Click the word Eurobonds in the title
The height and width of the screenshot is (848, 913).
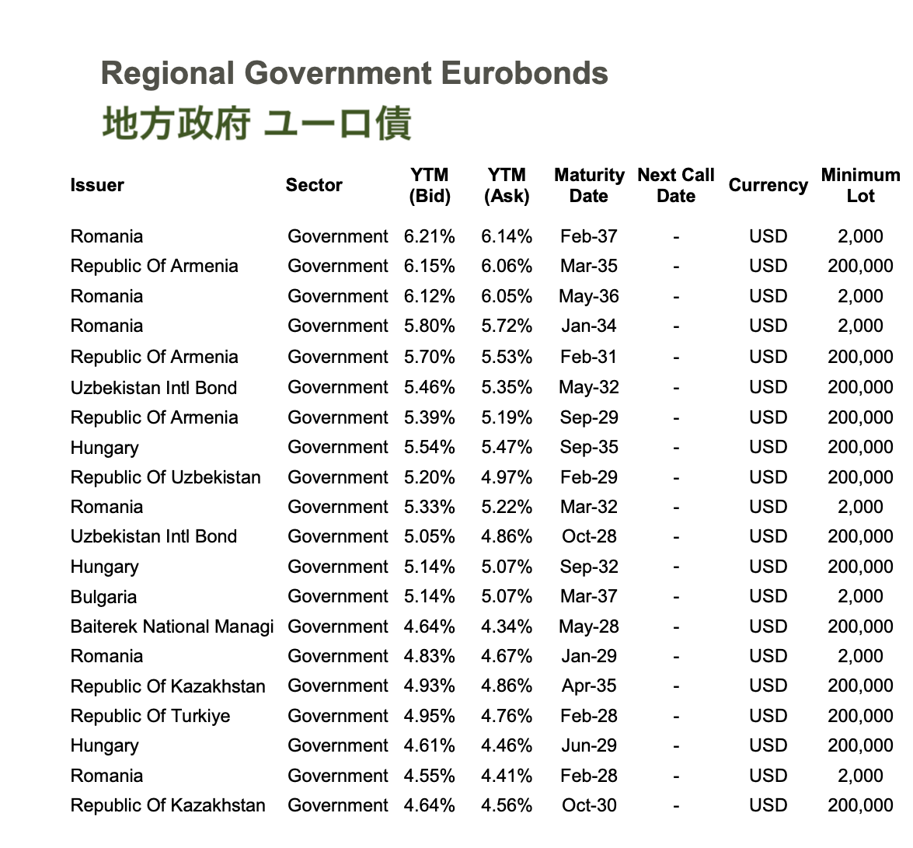pos(524,74)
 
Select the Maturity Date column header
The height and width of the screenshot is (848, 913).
pos(589,186)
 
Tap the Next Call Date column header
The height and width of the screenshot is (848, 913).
pos(675,186)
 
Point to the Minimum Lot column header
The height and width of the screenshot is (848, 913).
pos(860,186)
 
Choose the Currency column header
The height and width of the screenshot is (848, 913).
pos(768,186)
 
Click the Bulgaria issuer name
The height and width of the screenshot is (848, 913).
pos(103,597)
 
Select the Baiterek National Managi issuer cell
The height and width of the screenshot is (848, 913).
pos(172,626)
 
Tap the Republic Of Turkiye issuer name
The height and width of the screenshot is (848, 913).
pos(150,716)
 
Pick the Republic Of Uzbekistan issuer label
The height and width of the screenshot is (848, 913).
pos(166,477)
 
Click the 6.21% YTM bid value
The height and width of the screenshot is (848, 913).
pos(430,236)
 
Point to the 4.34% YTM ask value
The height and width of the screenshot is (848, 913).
pos(507,626)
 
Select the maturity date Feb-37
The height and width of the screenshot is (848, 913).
pos(589,236)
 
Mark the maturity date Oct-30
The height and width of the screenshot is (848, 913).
pos(589,805)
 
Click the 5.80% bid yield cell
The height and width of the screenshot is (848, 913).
pos(430,326)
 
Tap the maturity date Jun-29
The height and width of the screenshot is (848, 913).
pos(589,745)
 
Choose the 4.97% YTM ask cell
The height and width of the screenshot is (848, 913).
pos(507,477)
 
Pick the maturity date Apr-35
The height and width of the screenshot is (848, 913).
pos(589,686)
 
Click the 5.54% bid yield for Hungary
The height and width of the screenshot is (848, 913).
pos(430,447)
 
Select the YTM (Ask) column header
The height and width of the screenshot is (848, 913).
pos(507,186)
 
